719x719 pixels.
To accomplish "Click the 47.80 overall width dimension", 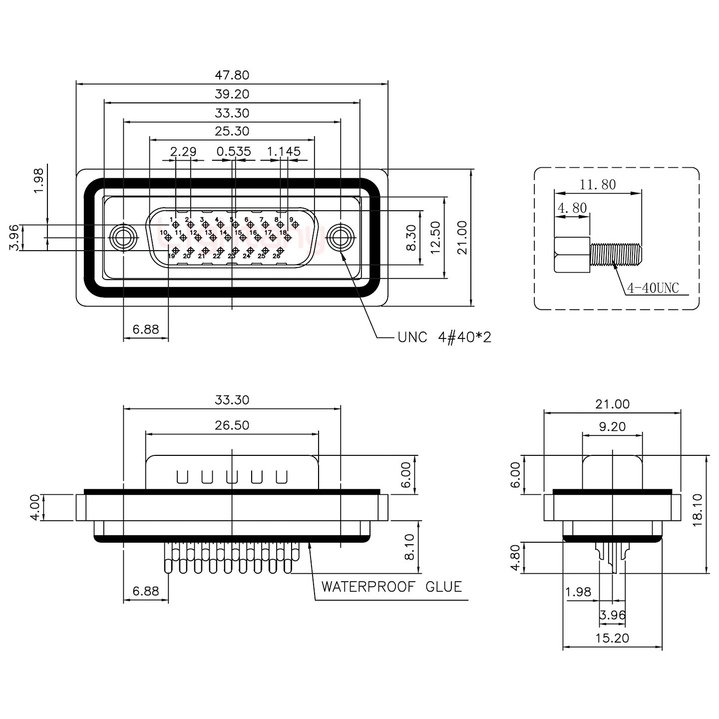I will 232,75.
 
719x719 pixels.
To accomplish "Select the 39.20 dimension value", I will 232,94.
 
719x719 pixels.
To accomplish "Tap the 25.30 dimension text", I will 232,131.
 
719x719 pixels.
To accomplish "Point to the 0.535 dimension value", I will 234,151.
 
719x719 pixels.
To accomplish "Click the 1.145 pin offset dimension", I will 284,151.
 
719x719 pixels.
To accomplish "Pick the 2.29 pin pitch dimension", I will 183,151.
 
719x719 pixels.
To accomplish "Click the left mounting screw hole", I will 123,238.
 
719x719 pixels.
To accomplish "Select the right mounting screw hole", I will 341,238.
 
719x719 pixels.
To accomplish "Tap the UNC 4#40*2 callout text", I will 444,338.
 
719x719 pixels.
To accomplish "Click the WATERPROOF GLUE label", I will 391,586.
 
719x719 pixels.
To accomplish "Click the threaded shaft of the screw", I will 616,254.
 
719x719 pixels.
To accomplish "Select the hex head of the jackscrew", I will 572,254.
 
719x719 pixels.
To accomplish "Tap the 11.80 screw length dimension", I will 598,185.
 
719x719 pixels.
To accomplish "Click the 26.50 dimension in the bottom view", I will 232,425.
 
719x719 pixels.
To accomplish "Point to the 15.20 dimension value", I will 612,638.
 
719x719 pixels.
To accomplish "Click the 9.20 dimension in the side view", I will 612,427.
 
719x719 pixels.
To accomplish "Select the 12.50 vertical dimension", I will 436,238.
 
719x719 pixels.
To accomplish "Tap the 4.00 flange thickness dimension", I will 34,507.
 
